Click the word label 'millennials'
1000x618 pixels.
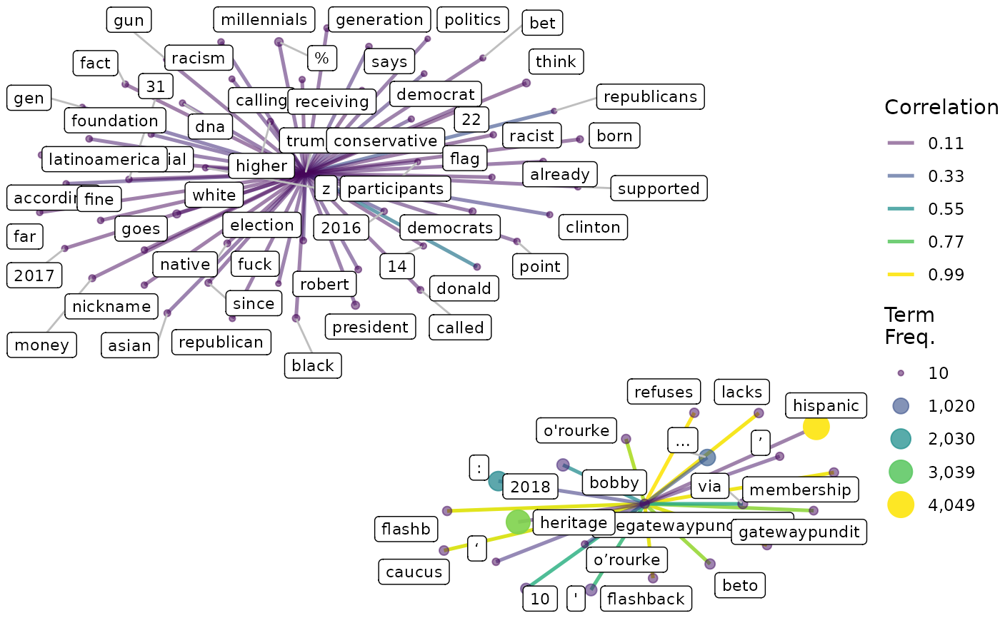(x=264, y=19)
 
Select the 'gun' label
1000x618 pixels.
(x=129, y=21)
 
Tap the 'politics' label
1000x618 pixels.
(x=472, y=19)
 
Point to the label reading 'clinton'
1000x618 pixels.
(x=593, y=227)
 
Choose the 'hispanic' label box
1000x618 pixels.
(x=826, y=405)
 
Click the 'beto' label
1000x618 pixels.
(x=740, y=586)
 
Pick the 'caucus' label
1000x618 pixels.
(x=414, y=572)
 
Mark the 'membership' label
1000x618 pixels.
(x=800, y=490)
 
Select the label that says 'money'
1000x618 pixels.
(x=42, y=345)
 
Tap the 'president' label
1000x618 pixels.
(x=370, y=327)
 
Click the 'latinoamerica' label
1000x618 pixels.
(x=104, y=158)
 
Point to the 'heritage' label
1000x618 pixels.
(x=574, y=522)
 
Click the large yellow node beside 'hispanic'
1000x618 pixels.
(x=816, y=427)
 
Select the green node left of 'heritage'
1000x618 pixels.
(x=518, y=522)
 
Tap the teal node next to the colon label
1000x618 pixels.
(x=497, y=480)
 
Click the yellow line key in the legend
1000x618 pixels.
(x=900, y=274)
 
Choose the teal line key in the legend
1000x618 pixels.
(x=900, y=208)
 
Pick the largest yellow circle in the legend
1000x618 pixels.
(x=901, y=505)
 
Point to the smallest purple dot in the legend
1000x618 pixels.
(x=901, y=373)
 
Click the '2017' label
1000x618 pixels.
(x=34, y=275)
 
